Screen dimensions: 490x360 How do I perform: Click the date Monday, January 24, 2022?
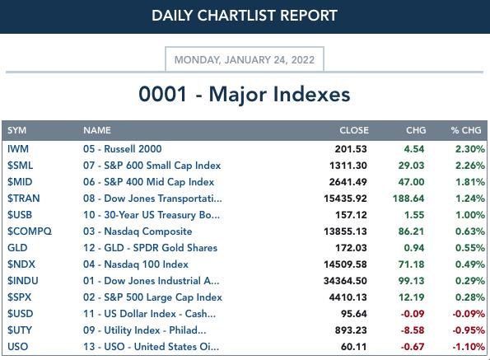(x=245, y=59)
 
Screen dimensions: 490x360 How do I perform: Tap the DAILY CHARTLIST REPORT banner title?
(x=245, y=16)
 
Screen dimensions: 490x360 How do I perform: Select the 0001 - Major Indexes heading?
(x=245, y=94)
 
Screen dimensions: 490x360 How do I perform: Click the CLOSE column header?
(x=354, y=130)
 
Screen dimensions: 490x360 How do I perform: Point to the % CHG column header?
(x=466, y=130)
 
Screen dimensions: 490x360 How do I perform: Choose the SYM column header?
(x=16, y=130)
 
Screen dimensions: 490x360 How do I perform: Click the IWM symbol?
(x=18, y=149)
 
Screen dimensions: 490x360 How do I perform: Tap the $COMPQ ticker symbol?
(x=30, y=231)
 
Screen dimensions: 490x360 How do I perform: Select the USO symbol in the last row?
(x=18, y=347)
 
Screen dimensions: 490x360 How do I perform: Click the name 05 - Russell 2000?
(x=123, y=149)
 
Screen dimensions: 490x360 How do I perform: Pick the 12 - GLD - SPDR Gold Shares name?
(x=151, y=248)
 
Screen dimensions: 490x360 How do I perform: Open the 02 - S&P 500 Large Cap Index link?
(x=152, y=297)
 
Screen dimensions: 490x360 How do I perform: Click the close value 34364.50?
(x=345, y=281)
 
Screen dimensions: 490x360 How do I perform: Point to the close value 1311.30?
(x=348, y=166)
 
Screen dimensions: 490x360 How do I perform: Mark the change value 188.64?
(x=408, y=199)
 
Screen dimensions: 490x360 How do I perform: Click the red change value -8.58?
(x=413, y=330)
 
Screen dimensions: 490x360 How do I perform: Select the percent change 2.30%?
(x=470, y=149)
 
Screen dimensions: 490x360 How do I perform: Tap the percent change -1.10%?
(x=469, y=347)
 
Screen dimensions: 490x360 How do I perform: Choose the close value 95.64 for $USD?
(x=354, y=313)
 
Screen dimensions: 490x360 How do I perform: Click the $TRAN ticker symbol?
(x=24, y=199)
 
